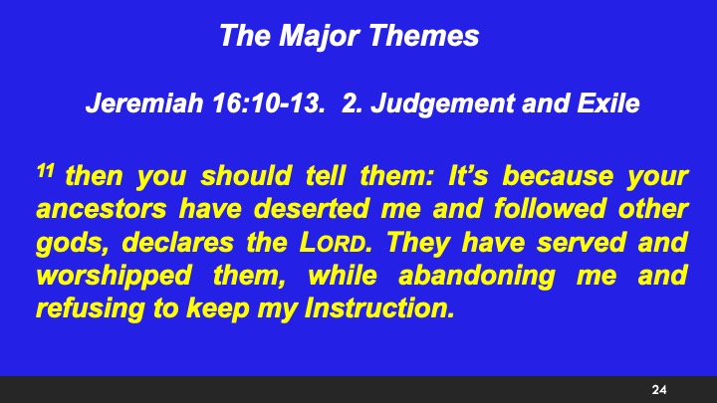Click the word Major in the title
[x=316, y=38]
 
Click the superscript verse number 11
[x=44, y=172]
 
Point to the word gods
[x=63, y=244]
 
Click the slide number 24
[x=658, y=388]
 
